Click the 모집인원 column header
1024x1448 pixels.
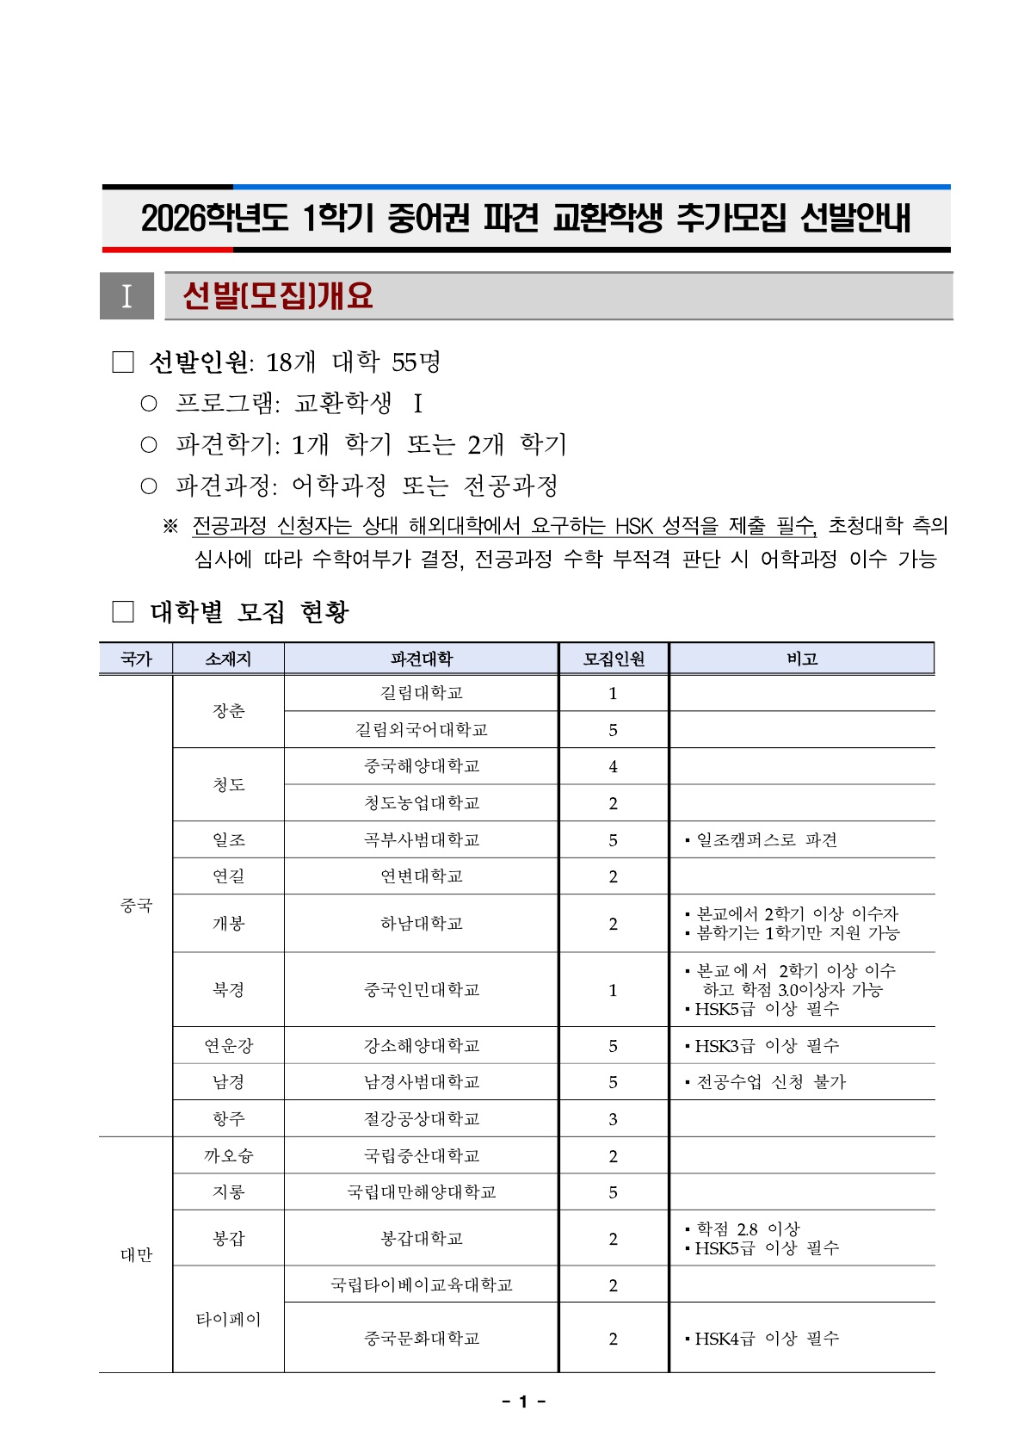(x=614, y=659)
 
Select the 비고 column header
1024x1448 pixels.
(x=801, y=659)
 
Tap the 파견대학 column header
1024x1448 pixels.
(x=421, y=659)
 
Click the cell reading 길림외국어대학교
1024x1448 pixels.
(x=421, y=729)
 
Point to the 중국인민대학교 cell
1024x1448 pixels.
(x=421, y=989)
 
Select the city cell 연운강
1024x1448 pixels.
(x=228, y=1045)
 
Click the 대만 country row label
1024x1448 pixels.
(x=136, y=1254)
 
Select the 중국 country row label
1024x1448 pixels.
(x=136, y=905)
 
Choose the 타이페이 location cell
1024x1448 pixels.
(x=228, y=1319)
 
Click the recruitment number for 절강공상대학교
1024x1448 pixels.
(x=613, y=1119)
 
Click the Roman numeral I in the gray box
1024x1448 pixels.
(x=126, y=296)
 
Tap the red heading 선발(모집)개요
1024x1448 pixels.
(x=278, y=296)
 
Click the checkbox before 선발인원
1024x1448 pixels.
(x=123, y=362)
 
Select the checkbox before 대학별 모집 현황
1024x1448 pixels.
(x=123, y=612)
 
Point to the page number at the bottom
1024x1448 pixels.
(x=522, y=1402)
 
